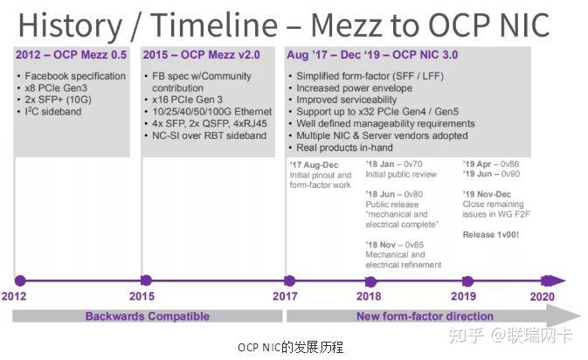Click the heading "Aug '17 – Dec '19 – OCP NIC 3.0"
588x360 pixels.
(x=371, y=55)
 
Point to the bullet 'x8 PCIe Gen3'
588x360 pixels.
(x=59, y=88)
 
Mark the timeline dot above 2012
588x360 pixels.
(x=20, y=280)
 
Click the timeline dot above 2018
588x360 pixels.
(x=371, y=280)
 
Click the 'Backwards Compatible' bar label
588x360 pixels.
(x=147, y=315)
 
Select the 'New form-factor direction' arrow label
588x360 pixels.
(x=425, y=315)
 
